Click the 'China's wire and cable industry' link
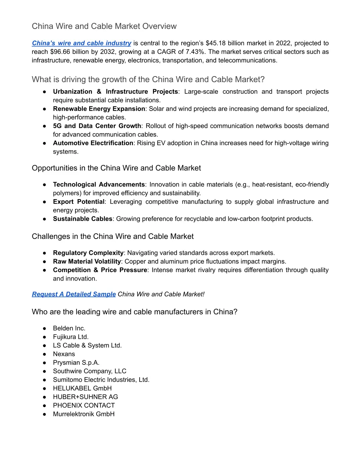click(x=81, y=43)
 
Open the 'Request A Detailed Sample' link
click(x=74, y=294)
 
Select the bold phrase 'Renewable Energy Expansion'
click(x=99, y=109)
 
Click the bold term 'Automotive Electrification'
click(x=93, y=143)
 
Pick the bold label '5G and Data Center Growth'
click(x=97, y=126)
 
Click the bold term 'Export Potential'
click(x=79, y=202)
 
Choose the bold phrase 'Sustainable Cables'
click(x=82, y=219)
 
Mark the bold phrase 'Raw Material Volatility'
click(x=87, y=261)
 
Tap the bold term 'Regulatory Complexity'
click(x=88, y=253)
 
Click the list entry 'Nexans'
click(x=64, y=354)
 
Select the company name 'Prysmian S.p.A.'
click(x=76, y=362)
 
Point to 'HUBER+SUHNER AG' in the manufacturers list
click(x=85, y=397)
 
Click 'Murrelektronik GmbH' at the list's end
click(x=84, y=414)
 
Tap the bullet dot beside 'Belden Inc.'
click(x=44, y=328)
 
